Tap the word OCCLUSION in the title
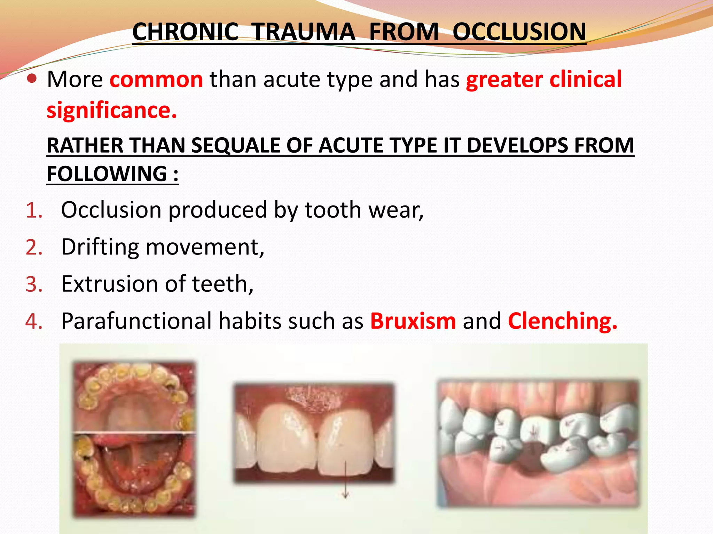(519, 32)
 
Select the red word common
(156, 79)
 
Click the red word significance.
(112, 111)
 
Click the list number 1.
(34, 211)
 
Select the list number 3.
(34, 284)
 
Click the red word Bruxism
(413, 321)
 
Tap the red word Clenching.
(562, 321)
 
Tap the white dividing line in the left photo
(134, 433)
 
